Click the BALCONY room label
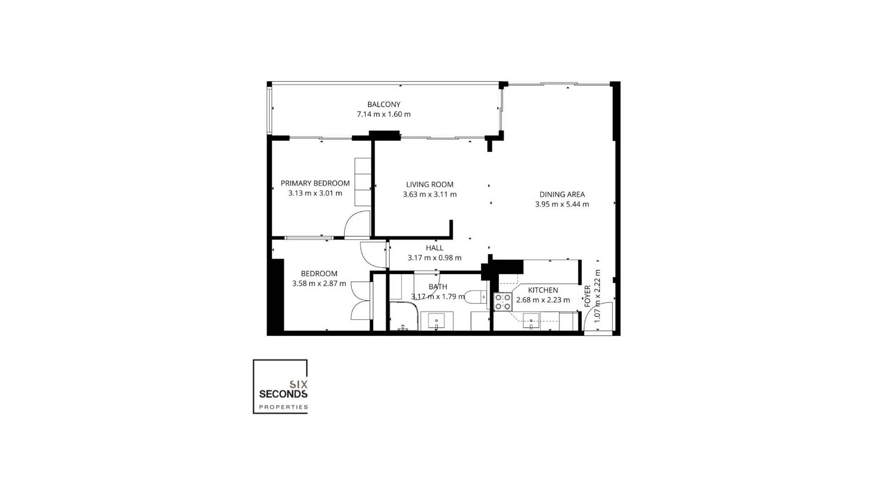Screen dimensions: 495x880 (x=384, y=104)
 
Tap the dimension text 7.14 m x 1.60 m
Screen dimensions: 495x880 (x=384, y=114)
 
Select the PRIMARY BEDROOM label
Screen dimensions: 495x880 (x=315, y=183)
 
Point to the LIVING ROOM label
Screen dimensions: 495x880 (x=429, y=184)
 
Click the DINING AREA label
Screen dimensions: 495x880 (x=562, y=194)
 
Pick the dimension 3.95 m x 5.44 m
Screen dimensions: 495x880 (x=562, y=204)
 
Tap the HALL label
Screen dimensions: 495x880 (x=434, y=248)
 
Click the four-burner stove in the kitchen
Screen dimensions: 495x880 (x=503, y=302)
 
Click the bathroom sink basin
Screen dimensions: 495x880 (x=436, y=320)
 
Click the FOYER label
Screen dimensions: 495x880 (x=588, y=296)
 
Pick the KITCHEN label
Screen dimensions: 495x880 (x=543, y=290)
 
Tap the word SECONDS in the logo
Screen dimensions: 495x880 (x=283, y=394)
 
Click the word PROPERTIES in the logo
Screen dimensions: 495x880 (x=283, y=407)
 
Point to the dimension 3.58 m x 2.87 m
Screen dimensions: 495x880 (x=319, y=284)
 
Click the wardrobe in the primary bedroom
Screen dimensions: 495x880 (x=363, y=181)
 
